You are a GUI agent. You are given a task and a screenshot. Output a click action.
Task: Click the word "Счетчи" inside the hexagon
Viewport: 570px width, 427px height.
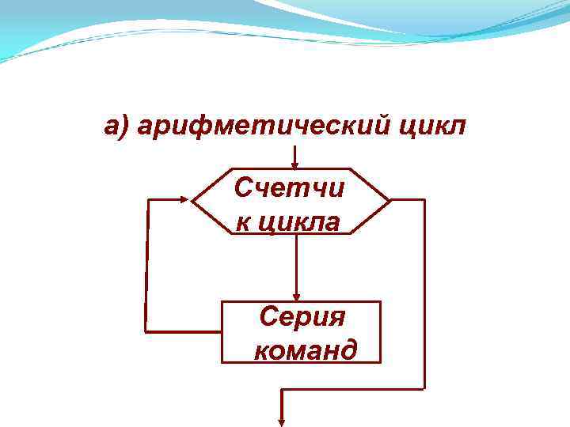pyautogui.click(x=291, y=189)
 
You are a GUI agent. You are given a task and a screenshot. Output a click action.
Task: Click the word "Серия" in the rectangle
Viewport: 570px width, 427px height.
pyautogui.click(x=302, y=318)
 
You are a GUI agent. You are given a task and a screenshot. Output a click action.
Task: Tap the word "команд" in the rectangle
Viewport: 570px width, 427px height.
pyautogui.click(x=305, y=349)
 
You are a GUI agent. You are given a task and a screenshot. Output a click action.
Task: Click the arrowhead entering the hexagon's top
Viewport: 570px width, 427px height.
pyautogui.click(x=295, y=164)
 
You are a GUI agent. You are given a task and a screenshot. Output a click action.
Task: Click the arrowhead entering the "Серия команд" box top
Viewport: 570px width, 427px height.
pyautogui.click(x=296, y=296)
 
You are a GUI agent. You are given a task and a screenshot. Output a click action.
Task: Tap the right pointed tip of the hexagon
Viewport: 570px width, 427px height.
pyautogui.click(x=390, y=200)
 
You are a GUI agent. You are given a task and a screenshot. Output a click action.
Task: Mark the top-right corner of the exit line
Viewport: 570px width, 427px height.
pyautogui.click(x=424, y=200)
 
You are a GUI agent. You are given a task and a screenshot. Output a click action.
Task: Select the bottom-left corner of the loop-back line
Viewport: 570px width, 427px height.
pyautogui.click(x=145, y=330)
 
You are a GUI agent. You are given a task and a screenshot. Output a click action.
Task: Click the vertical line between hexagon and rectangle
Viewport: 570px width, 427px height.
pyautogui.click(x=296, y=265)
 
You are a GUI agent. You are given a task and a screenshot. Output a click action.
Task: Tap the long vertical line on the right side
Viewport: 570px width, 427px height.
pyautogui.click(x=424, y=293)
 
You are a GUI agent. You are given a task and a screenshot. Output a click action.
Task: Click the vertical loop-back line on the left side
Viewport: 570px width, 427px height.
pyautogui.click(x=147, y=265)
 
